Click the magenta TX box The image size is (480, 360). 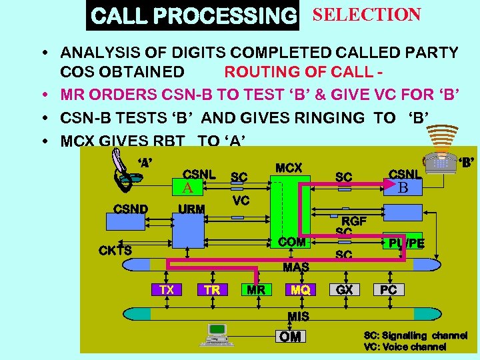click(x=167, y=289)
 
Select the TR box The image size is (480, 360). click(x=213, y=289)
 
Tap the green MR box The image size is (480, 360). click(x=256, y=289)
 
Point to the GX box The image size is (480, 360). click(x=345, y=289)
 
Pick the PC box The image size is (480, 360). click(x=389, y=289)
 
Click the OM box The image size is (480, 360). click(x=290, y=337)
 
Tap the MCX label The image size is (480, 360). click(x=289, y=168)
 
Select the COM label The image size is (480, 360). click(x=292, y=242)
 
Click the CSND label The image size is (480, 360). click(x=131, y=208)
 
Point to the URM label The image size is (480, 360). click(x=191, y=209)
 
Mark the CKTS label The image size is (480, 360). click(x=115, y=250)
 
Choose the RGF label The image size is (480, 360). click(x=354, y=221)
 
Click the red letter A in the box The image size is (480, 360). click(x=188, y=188)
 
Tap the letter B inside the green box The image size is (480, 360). click(x=402, y=187)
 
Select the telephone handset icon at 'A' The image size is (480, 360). click(x=126, y=170)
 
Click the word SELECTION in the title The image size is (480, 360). click(x=366, y=15)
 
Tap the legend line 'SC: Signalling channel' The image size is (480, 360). click(x=415, y=335)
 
